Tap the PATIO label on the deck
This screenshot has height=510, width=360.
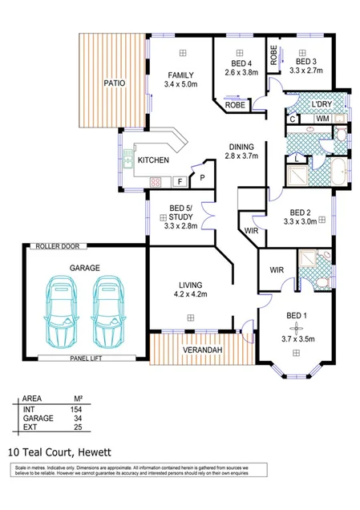click(x=113, y=83)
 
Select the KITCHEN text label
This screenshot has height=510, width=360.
click(x=153, y=160)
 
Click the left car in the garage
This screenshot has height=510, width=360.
click(x=61, y=310)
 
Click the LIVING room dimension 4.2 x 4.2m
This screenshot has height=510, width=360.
click(x=191, y=294)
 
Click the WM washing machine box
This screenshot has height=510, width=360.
click(x=322, y=119)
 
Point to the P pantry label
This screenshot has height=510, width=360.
click(x=202, y=177)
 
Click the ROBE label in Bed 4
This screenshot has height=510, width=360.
click(x=234, y=105)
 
